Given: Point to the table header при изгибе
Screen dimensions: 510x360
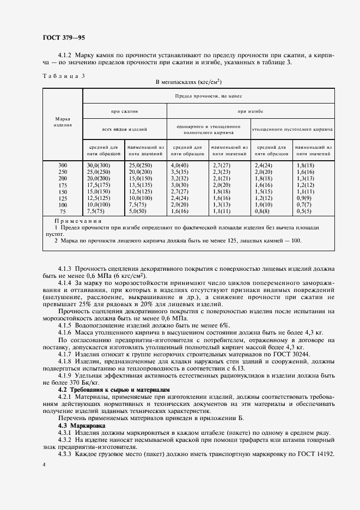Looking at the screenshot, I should coord(250,111).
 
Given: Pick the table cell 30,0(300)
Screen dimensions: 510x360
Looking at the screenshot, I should coord(99,165).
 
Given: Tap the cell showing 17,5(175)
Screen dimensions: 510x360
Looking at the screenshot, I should coord(99,184).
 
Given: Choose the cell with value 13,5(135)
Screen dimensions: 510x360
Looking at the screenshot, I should coord(139,184).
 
